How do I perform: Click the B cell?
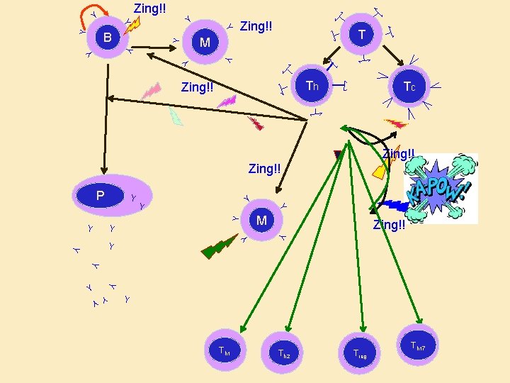click(x=107, y=37)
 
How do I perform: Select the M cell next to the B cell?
click(x=205, y=43)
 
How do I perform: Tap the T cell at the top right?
click(x=362, y=35)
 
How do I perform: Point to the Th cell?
click(x=312, y=87)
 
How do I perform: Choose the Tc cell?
click(x=409, y=87)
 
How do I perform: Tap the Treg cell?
click(x=359, y=352)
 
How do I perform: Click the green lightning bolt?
click(x=220, y=245)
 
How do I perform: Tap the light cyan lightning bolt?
click(x=176, y=117)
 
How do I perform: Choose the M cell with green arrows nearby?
click(x=261, y=221)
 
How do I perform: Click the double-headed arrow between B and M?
click(x=152, y=48)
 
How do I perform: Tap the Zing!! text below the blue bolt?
click(x=389, y=225)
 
